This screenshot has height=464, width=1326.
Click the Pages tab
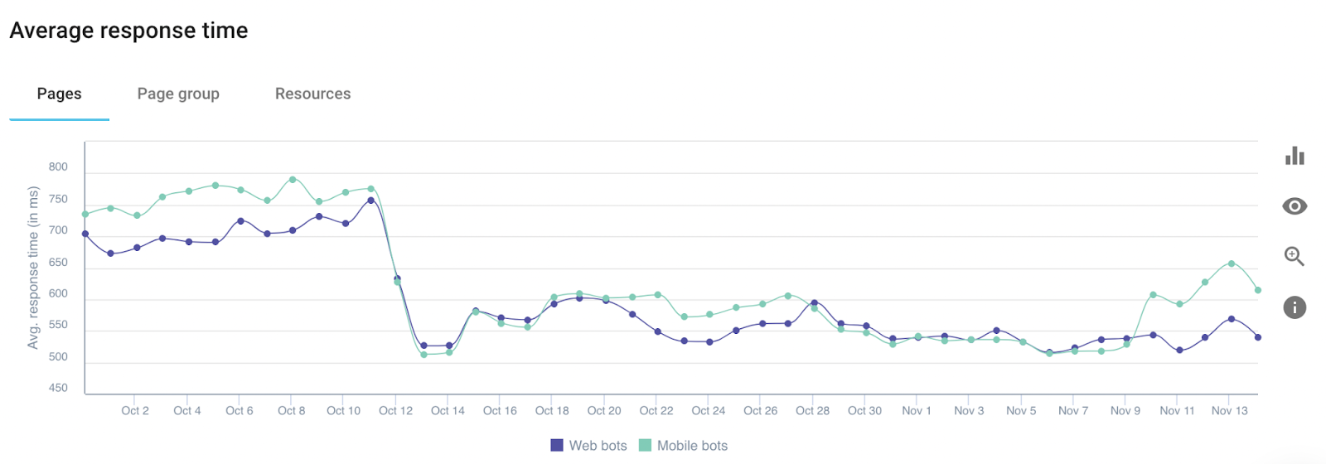pyautogui.click(x=59, y=94)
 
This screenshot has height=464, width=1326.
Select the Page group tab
pyautogui.click(x=178, y=94)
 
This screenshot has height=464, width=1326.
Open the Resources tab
pyautogui.click(x=312, y=94)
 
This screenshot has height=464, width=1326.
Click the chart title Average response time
pyautogui.click(x=128, y=31)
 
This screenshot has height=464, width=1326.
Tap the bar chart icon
pyautogui.click(x=1295, y=156)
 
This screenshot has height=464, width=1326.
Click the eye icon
pyautogui.click(x=1295, y=206)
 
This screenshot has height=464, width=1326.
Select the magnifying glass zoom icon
pyautogui.click(x=1295, y=256)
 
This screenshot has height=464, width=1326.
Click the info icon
pyautogui.click(x=1295, y=307)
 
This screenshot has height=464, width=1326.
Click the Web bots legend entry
pyautogui.click(x=588, y=446)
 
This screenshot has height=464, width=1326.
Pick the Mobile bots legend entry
pyautogui.click(x=684, y=446)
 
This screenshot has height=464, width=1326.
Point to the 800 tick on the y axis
pyautogui.click(x=58, y=167)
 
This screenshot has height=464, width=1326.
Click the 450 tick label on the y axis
pyautogui.click(x=58, y=389)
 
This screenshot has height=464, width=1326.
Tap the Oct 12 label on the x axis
pyautogui.click(x=395, y=411)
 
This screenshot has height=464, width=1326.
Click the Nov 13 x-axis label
pyautogui.click(x=1230, y=411)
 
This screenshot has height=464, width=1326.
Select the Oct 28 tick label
pyautogui.click(x=812, y=411)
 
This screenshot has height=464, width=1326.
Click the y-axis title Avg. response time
pyautogui.click(x=33, y=268)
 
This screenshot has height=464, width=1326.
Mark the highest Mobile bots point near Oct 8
pyautogui.click(x=293, y=179)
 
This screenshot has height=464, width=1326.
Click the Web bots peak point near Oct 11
pyautogui.click(x=371, y=201)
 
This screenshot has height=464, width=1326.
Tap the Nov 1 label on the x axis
pyautogui.click(x=917, y=411)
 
